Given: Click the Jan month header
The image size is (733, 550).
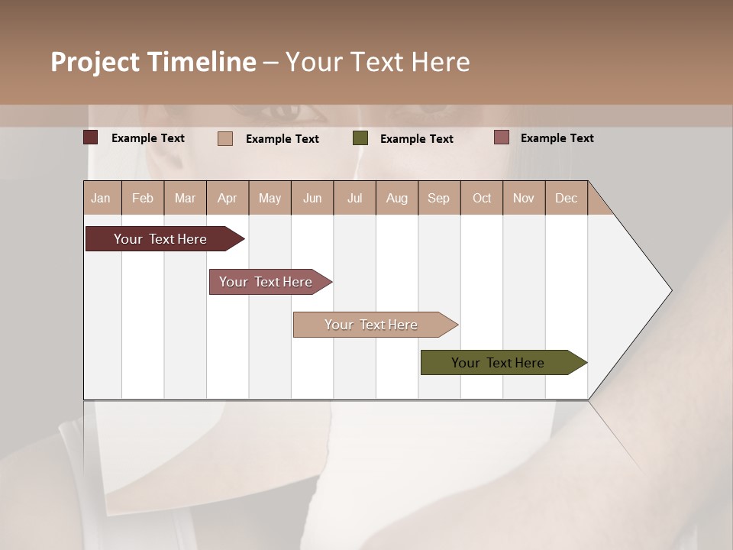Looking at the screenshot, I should [102, 198].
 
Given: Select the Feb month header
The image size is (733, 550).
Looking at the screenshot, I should [143, 198].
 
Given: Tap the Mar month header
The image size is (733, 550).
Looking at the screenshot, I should [185, 198].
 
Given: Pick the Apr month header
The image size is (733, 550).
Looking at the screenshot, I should [228, 198].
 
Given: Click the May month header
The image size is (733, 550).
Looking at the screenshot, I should [270, 198].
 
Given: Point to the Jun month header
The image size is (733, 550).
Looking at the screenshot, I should [312, 198].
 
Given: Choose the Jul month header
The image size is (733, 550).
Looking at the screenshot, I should [354, 198].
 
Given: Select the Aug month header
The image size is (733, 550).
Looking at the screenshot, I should [397, 198].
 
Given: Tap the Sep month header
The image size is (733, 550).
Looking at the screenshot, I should [439, 198].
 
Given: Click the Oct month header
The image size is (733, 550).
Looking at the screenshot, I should [482, 198].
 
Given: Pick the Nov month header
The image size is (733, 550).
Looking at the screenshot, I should [524, 198].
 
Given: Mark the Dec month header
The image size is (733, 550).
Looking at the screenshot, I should [567, 198].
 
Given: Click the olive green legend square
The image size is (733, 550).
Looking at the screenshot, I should [360, 138].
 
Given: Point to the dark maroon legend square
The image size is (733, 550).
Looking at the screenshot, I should [91, 137].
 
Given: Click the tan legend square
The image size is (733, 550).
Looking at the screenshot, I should [225, 138].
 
